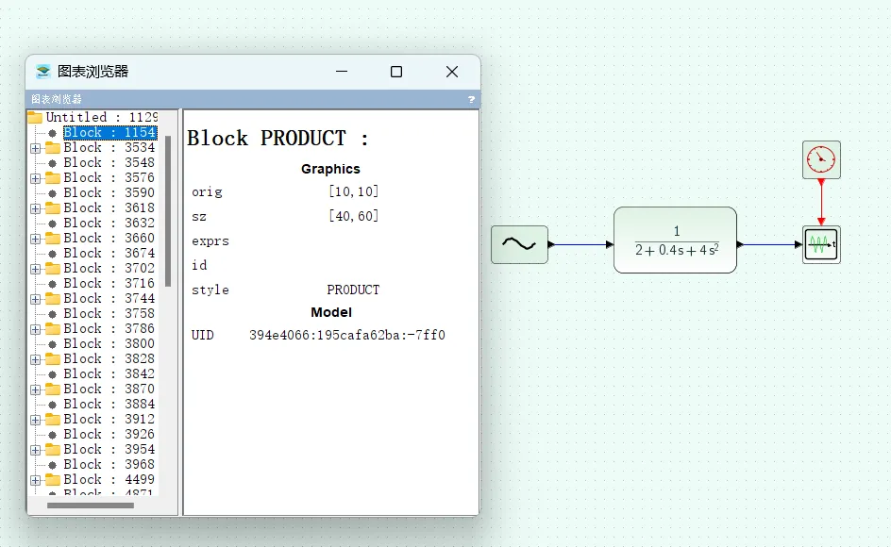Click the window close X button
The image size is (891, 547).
452,72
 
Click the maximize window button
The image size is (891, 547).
396,72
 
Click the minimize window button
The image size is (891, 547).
342,72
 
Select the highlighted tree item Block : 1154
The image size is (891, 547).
109,133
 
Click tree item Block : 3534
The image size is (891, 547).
109,148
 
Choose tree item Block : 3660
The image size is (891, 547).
109,239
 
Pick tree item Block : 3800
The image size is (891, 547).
109,344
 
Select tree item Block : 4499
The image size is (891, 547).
109,480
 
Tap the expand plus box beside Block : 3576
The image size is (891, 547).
36,178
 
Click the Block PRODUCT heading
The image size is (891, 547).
278,139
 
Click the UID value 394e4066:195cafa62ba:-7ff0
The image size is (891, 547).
346,335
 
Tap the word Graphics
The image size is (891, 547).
330,169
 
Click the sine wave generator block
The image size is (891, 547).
519,244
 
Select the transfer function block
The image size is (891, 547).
675,240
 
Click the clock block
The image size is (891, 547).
821,159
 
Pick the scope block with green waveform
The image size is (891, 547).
820,245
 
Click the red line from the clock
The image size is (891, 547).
821,200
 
